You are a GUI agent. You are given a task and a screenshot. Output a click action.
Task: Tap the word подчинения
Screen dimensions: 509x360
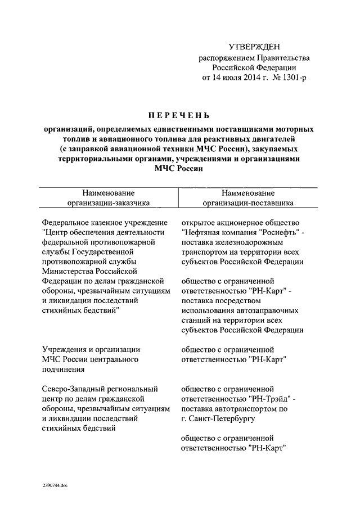(x=64, y=370)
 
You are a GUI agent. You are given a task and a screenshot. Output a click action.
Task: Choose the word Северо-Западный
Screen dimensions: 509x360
(x=73, y=389)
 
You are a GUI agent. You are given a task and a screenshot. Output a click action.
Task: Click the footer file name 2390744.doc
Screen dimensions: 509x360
(x=54, y=485)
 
